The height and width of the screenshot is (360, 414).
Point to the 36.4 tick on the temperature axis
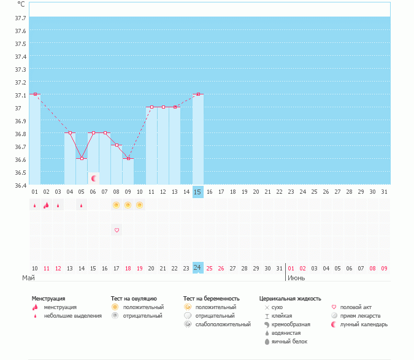coord(20,185)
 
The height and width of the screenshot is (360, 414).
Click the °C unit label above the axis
coord(21,4)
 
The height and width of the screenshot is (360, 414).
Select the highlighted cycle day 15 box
coord(197,192)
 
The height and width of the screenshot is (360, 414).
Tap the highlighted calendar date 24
coord(197,268)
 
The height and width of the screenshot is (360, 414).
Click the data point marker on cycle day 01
coord(35,94)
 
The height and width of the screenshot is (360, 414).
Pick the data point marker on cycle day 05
coord(82,158)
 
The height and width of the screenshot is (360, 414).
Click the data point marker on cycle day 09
coord(128,158)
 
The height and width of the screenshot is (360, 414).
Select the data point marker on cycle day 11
coord(151,107)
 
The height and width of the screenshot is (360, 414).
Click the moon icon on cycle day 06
coord(94,178)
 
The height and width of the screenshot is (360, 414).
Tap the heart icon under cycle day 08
coord(117,230)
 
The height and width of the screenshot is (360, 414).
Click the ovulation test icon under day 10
coord(140,205)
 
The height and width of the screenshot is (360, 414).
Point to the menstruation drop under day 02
coord(46,205)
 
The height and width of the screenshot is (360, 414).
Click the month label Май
coord(29,278)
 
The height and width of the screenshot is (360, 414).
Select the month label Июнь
coord(296,278)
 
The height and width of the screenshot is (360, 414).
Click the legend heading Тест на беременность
coord(211,298)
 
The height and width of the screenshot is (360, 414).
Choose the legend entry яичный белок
coord(288,341)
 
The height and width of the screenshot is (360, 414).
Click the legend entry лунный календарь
coord(365,324)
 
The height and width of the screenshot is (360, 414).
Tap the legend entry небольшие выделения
coord(73,315)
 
